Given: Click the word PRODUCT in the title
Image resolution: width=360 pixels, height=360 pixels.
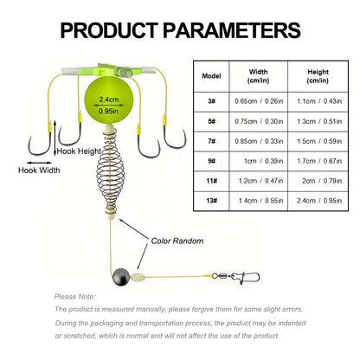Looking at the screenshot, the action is (x=109, y=30).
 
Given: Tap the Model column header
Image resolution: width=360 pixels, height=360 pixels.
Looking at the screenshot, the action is (x=211, y=76).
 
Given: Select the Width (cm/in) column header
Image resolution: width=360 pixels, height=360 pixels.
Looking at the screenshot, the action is (x=259, y=76).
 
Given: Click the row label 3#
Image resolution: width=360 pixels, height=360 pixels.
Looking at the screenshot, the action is (x=211, y=101).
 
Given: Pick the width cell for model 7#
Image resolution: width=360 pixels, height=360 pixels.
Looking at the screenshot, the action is (x=259, y=141).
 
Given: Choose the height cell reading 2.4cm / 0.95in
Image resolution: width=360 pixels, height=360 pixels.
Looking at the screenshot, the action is (x=319, y=201).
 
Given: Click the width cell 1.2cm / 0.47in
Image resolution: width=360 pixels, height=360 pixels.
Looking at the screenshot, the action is (x=260, y=181).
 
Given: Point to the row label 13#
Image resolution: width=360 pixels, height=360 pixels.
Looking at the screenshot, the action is (x=211, y=201).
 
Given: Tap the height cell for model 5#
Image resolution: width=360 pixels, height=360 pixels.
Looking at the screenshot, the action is (x=319, y=121).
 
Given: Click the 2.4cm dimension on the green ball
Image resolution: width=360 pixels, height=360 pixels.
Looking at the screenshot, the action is (x=109, y=100).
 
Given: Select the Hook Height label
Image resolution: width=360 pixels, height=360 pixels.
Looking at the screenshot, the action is (x=79, y=151).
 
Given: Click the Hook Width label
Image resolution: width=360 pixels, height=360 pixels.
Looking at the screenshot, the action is (x=39, y=170).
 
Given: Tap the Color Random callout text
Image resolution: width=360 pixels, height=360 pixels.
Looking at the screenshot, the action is (x=177, y=241).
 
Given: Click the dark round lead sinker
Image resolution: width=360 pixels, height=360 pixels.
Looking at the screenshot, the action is (x=120, y=277).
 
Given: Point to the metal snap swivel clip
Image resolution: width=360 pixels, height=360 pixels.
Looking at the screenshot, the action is (x=236, y=278).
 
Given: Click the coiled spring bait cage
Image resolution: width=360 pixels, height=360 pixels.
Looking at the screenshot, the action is (x=110, y=171).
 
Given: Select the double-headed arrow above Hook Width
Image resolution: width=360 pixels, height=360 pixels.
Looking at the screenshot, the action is (x=39, y=163).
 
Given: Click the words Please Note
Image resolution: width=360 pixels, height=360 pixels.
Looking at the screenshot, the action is (x=74, y=297).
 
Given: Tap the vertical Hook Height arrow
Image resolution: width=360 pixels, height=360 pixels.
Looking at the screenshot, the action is (x=55, y=138).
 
